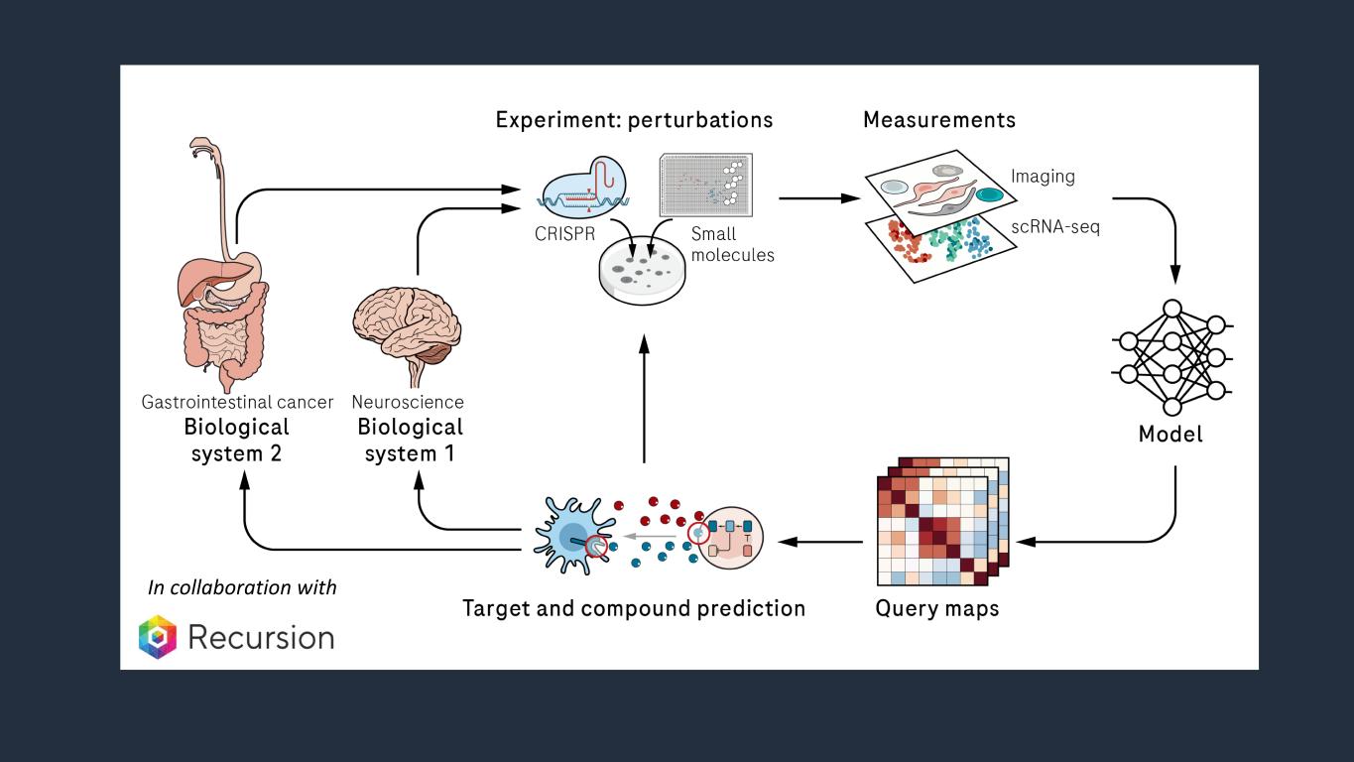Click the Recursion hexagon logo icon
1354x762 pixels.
pos(157,636)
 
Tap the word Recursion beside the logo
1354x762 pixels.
pos(261,637)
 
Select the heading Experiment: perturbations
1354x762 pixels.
pos(634,120)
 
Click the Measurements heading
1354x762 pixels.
pos(939,120)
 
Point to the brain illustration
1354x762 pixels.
pos(408,326)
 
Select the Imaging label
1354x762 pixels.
pos(1043,176)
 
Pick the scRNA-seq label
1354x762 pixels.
pos(1055,227)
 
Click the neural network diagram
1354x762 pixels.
pos(1172,356)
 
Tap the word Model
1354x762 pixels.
pos(1170,435)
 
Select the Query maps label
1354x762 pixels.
pos(937,607)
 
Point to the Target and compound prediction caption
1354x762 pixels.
pos(634,607)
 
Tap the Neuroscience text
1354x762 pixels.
pos(408,403)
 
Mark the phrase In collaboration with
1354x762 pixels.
pos(242,587)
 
